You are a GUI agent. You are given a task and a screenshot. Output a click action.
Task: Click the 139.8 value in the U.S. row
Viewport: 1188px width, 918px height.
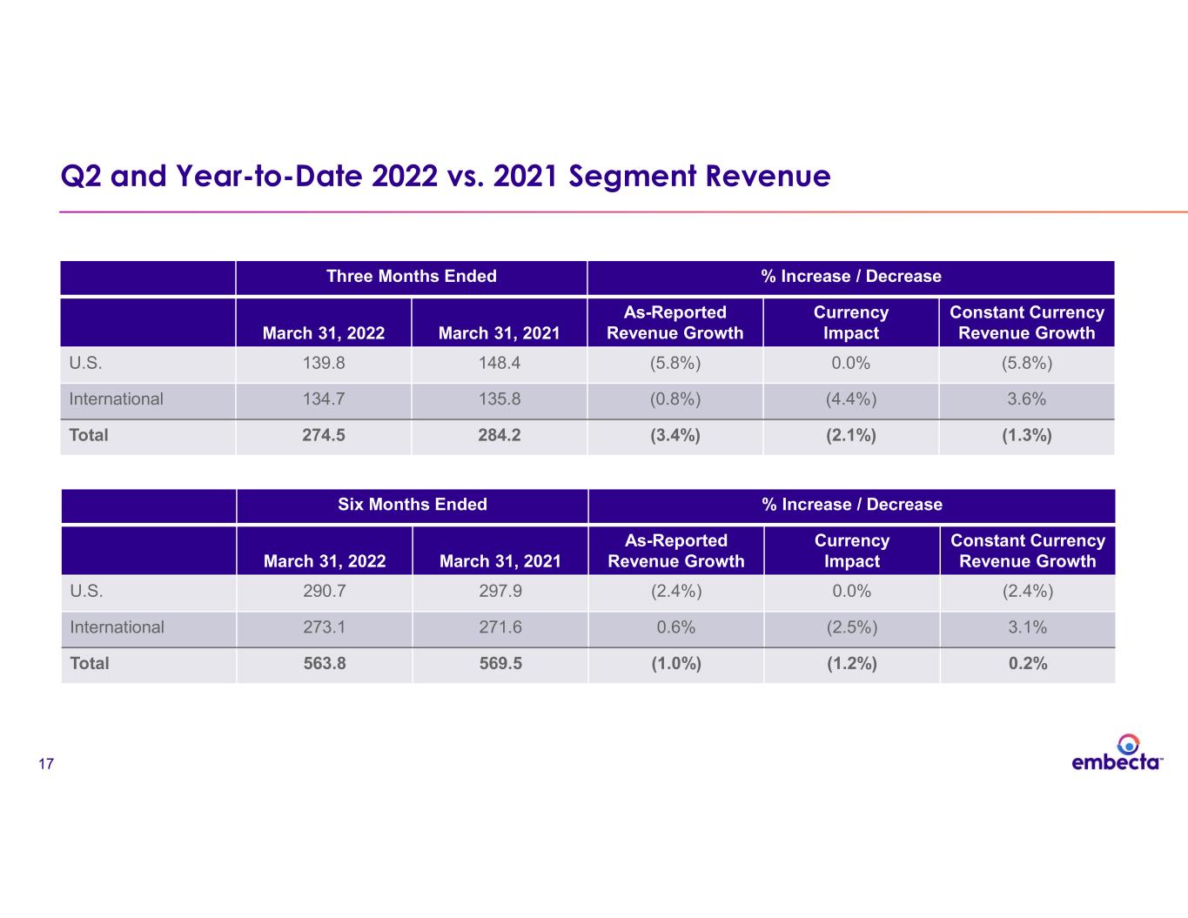324,363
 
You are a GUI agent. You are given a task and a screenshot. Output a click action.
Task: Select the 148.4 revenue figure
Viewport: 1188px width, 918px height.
500,363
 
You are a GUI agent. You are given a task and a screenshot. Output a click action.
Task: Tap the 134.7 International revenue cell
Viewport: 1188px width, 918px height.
324,399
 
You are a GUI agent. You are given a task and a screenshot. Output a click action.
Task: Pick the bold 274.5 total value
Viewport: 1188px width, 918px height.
324,435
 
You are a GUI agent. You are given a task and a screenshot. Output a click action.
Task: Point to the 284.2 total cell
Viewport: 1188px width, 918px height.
500,435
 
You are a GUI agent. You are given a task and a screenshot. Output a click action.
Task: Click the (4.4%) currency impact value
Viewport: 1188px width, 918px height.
850,399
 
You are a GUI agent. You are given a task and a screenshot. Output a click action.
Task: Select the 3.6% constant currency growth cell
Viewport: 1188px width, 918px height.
1027,399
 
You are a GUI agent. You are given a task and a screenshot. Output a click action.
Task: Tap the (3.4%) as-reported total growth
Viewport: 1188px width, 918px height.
675,435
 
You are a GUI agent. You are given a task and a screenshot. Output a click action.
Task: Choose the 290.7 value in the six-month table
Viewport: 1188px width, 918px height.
325,591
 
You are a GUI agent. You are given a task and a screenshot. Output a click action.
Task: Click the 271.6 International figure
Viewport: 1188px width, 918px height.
500,627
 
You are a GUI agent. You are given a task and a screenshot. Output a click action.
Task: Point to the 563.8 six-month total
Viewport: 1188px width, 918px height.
325,663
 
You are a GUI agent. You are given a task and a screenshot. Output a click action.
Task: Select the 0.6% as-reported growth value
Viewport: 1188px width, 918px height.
676,627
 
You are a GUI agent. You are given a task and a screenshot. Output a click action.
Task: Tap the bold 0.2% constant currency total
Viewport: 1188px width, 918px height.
1028,663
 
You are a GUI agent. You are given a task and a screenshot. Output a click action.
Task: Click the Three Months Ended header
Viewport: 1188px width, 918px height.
412,276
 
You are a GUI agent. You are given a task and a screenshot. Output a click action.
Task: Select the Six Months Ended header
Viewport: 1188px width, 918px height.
413,504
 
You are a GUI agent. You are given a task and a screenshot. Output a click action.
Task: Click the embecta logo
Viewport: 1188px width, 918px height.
1117,753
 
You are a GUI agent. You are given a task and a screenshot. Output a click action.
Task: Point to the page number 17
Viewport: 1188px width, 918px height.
46,763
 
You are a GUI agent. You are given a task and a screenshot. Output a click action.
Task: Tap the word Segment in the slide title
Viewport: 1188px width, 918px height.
632,177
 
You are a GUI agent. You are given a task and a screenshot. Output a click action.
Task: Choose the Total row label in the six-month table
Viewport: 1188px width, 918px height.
89,663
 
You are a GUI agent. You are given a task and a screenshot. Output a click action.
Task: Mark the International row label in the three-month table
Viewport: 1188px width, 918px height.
116,399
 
